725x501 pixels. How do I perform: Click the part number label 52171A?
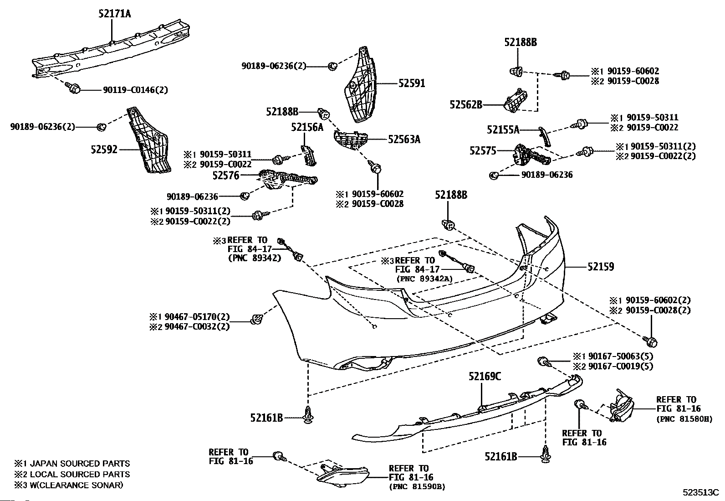(x=115, y=14)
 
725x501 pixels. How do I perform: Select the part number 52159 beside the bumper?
(x=601, y=267)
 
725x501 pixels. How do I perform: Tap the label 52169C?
(x=485, y=376)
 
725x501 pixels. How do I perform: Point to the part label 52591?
(x=412, y=83)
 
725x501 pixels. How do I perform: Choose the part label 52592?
(x=104, y=150)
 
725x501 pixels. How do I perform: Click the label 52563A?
(x=404, y=139)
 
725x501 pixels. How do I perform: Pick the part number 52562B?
(x=466, y=105)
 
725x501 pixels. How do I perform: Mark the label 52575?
(x=483, y=151)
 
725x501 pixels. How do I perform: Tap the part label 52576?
(x=226, y=176)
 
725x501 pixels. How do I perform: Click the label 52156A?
(x=307, y=127)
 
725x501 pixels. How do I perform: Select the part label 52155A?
(x=503, y=130)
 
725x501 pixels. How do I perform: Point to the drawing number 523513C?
(x=701, y=493)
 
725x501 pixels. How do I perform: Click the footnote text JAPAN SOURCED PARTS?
(x=80, y=464)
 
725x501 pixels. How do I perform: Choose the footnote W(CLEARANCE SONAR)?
(x=77, y=485)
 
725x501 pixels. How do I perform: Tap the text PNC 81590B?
(x=417, y=487)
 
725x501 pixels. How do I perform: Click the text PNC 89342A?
(x=424, y=279)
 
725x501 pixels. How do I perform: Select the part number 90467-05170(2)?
(x=197, y=317)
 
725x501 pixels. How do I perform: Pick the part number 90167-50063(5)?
(x=621, y=356)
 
